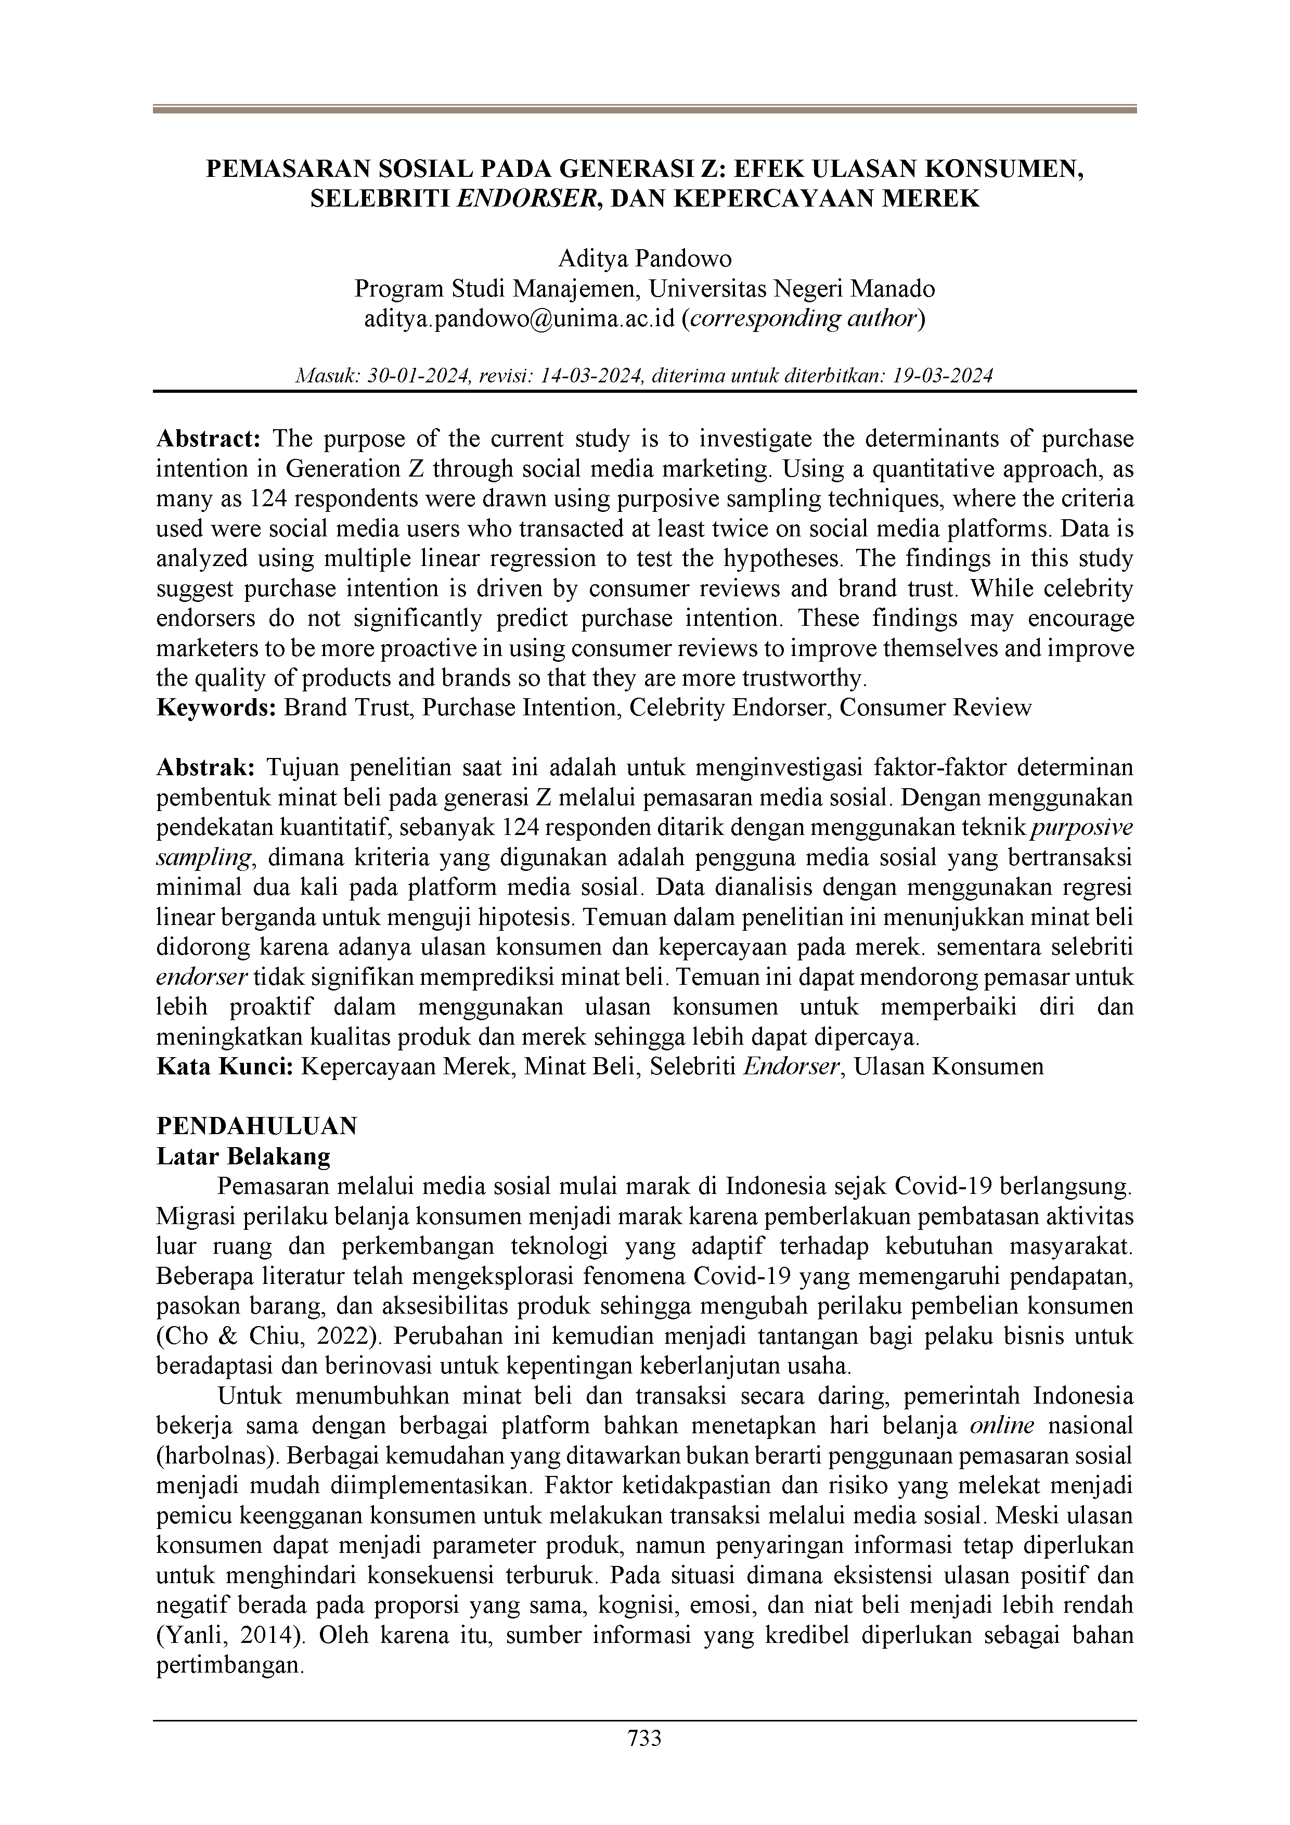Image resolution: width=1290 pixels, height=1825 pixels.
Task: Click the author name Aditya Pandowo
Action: coord(644,259)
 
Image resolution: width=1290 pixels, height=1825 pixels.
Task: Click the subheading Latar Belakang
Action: coord(243,1156)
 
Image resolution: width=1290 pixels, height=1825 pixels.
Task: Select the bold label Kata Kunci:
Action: coord(225,1066)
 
